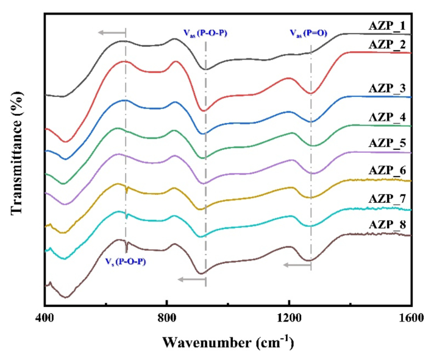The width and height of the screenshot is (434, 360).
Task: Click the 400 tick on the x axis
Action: [45, 317]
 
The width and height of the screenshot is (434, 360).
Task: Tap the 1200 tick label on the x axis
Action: [290, 317]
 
